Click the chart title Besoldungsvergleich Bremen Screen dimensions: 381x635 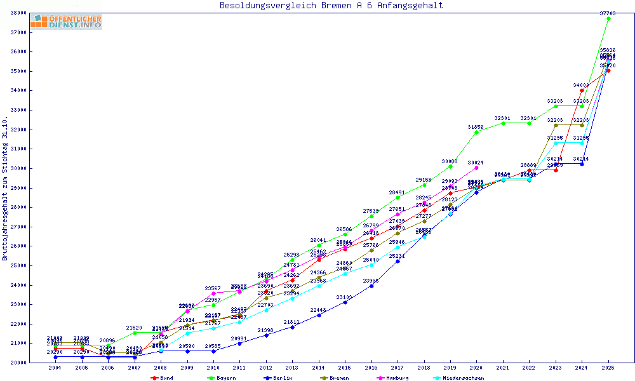(331, 6)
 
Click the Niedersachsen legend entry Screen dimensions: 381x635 (460, 378)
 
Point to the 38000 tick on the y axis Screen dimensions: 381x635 (18, 13)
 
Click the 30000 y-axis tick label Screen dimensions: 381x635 (18, 168)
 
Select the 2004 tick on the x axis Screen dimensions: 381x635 (55, 368)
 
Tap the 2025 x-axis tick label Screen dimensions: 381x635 (608, 368)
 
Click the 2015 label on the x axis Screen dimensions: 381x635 (345, 368)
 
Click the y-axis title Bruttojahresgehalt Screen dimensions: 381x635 (5, 188)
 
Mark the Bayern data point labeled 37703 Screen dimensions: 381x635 (608, 18)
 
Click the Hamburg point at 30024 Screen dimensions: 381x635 (476, 168)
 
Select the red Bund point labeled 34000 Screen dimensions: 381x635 (582, 90)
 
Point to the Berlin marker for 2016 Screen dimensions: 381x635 (371, 286)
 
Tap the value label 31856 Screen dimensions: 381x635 (476, 127)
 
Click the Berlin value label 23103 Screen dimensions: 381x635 (345, 297)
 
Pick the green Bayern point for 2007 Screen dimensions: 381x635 (134, 333)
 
